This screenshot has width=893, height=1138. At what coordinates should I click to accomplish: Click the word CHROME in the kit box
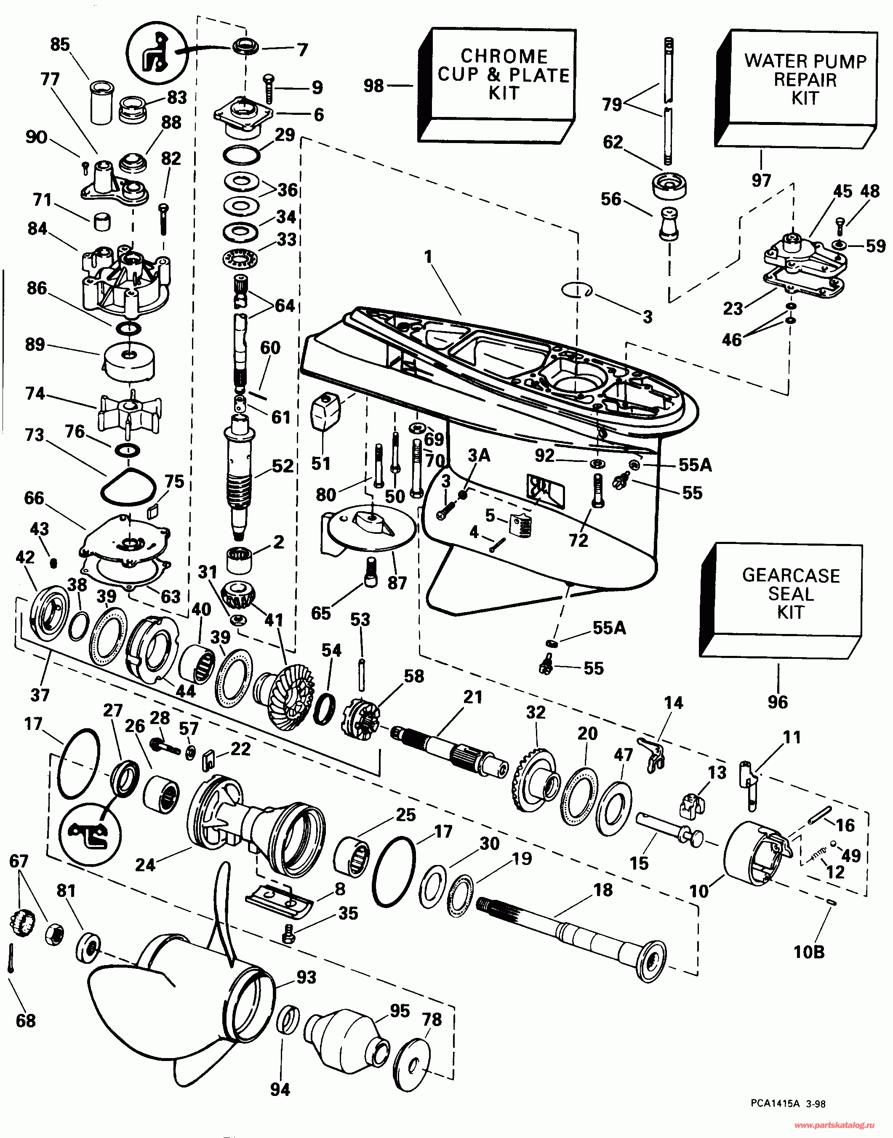tap(504, 56)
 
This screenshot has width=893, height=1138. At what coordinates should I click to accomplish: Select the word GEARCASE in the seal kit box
tap(791, 575)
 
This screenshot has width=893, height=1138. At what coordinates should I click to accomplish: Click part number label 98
tap(374, 86)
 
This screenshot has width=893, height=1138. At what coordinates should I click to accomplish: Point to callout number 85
tap(60, 45)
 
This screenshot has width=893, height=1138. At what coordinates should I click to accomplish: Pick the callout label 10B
tap(809, 952)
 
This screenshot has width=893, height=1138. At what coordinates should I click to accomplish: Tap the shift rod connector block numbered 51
tap(325, 411)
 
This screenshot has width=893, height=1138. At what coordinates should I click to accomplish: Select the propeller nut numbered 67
tap(22, 922)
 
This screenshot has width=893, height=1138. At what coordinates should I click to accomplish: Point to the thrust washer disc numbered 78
tap(412, 1065)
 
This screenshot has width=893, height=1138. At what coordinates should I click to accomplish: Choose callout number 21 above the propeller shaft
tap(473, 697)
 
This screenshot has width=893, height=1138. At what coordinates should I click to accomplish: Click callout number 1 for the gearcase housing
tap(428, 257)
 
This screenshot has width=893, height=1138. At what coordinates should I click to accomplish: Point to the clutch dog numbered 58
tap(360, 715)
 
